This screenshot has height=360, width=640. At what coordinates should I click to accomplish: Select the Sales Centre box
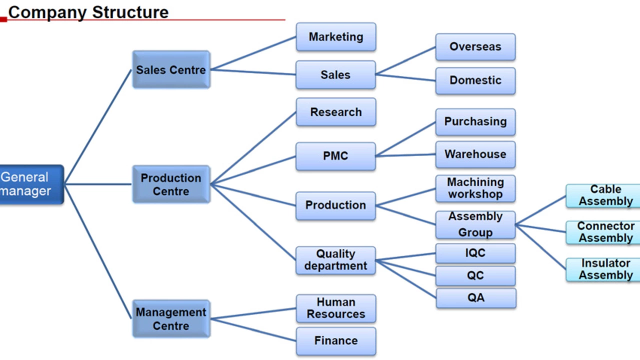click(x=171, y=70)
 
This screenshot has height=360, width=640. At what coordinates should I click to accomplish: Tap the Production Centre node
click(x=171, y=184)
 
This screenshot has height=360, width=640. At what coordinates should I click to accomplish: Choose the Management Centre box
click(x=171, y=319)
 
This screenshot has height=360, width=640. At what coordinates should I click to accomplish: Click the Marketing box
click(x=335, y=37)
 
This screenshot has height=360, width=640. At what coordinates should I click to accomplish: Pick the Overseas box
click(x=475, y=47)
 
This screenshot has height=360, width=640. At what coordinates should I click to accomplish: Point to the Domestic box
click(x=475, y=80)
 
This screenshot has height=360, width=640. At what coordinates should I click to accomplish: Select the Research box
click(x=335, y=112)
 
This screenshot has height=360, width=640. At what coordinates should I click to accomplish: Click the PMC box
click(x=335, y=156)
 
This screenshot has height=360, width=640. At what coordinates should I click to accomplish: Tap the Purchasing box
click(x=475, y=122)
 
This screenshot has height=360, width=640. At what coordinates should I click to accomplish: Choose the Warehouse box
click(x=475, y=154)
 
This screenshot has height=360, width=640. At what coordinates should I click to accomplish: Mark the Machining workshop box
click(x=475, y=188)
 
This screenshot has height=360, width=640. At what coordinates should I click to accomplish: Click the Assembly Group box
click(x=475, y=224)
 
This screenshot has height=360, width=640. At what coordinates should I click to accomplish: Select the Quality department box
click(x=335, y=260)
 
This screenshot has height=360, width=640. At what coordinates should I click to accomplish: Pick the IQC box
click(x=475, y=253)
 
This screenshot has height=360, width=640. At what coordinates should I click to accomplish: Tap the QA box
click(x=475, y=298)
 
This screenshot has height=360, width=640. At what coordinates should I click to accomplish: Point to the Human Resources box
click(x=335, y=308)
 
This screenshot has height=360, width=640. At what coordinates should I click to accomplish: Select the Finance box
click(x=335, y=341)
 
